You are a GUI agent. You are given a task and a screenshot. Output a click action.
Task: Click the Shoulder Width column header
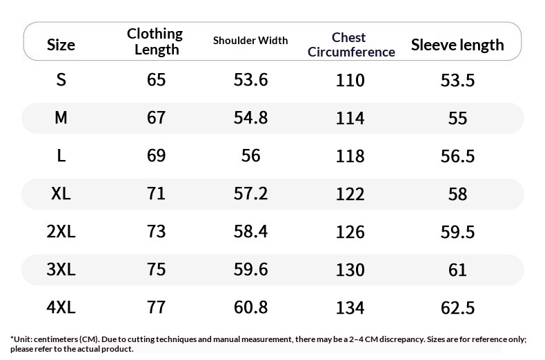click(250, 41)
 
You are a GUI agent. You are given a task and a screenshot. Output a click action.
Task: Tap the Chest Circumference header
click(351, 44)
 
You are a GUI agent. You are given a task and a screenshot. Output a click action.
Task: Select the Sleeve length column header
click(457, 45)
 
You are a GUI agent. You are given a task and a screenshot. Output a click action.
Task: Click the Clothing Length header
click(155, 41)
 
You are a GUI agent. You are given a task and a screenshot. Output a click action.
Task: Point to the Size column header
click(61, 45)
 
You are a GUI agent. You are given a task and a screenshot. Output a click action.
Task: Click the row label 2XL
click(61, 232)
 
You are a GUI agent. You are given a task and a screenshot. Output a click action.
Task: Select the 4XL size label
click(61, 307)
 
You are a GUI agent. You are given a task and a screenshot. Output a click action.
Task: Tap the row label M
click(61, 117)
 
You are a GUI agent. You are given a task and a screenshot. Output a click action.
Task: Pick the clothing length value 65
click(156, 79)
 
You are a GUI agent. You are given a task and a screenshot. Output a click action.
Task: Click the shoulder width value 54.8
click(250, 117)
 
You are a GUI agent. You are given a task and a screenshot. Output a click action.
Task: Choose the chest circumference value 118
click(350, 156)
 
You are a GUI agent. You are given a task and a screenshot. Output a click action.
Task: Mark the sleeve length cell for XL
click(457, 194)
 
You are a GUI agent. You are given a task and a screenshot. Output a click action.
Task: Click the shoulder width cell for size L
click(250, 155)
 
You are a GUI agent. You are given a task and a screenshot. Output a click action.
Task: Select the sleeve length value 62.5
click(457, 308)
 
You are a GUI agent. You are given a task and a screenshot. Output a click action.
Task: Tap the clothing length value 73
click(156, 232)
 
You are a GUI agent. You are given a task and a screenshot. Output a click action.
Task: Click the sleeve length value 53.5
click(457, 80)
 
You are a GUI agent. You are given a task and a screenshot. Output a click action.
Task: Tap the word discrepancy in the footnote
click(402, 339)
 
